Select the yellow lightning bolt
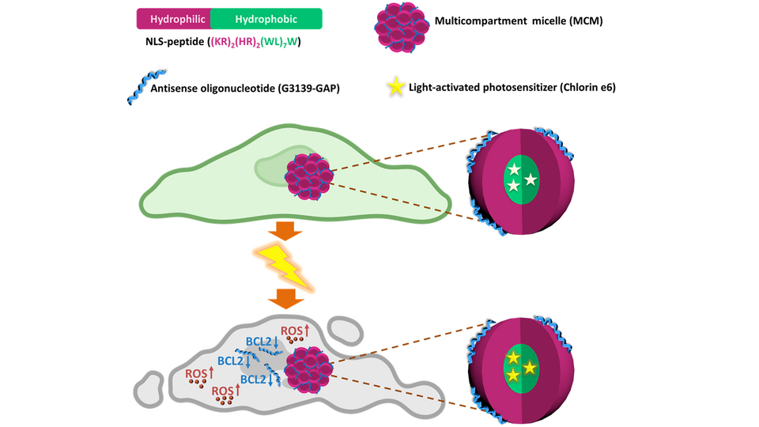282,265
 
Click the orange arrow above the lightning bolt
282,230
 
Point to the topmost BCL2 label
261,342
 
